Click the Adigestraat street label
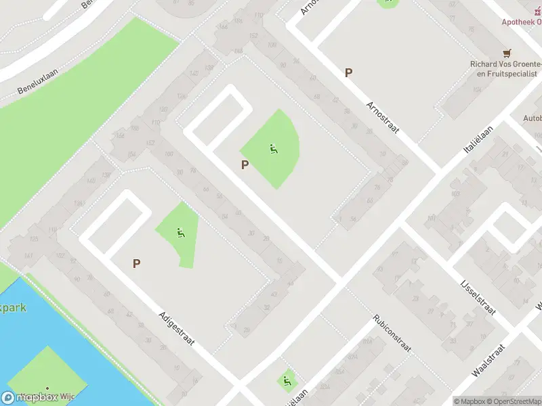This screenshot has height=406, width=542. (177, 328)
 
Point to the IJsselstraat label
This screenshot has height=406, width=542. (478, 298)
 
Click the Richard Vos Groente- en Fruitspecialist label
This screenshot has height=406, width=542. (504, 68)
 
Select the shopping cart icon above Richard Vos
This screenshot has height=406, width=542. (506, 53)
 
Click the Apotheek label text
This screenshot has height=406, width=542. (521, 22)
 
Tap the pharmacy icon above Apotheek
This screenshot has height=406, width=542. (531, 9)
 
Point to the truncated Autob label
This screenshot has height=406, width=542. (532, 118)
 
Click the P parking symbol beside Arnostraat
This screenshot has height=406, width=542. (349, 73)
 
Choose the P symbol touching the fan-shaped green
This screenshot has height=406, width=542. (245, 164)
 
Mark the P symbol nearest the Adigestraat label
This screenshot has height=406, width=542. (137, 264)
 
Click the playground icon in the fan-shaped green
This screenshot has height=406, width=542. (273, 148)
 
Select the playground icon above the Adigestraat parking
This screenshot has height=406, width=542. (180, 233)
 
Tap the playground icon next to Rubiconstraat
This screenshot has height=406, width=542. (288, 382)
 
